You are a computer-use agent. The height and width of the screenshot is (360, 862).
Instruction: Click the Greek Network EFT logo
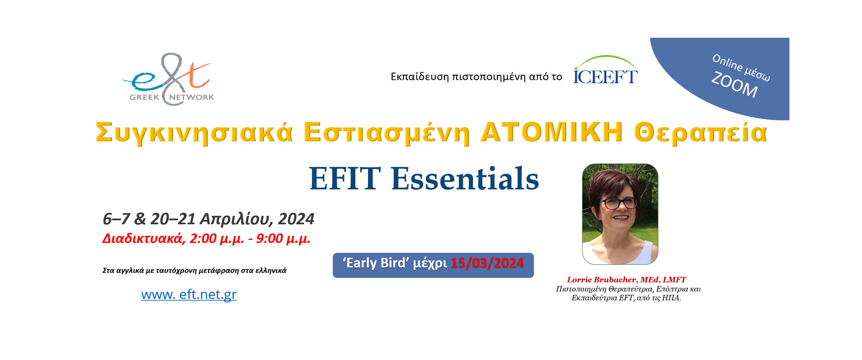[x=169, y=79]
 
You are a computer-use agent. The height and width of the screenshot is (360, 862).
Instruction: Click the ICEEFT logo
[x=605, y=70]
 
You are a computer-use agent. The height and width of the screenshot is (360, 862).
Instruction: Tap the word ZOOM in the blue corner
[x=734, y=85]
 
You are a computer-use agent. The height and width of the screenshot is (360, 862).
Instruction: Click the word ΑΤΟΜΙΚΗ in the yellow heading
[x=551, y=132]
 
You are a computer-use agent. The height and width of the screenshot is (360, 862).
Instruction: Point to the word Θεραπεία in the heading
[x=700, y=133]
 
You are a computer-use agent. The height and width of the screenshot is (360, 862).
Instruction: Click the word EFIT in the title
[x=344, y=178]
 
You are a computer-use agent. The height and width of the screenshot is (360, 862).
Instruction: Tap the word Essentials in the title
[x=465, y=178]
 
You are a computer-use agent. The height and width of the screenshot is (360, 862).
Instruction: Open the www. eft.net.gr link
[x=189, y=294]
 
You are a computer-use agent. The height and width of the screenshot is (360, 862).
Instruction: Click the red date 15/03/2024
[x=487, y=263]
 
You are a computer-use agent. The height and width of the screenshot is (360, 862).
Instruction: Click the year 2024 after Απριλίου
[x=296, y=219]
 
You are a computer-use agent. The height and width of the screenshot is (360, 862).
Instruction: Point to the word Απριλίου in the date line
[x=237, y=219]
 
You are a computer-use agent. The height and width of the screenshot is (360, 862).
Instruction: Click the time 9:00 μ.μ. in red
[x=283, y=239]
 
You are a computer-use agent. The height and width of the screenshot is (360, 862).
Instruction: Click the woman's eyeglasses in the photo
[x=618, y=203]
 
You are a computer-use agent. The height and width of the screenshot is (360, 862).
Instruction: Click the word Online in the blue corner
[x=727, y=63]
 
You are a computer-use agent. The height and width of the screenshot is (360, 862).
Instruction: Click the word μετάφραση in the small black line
[x=219, y=271]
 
